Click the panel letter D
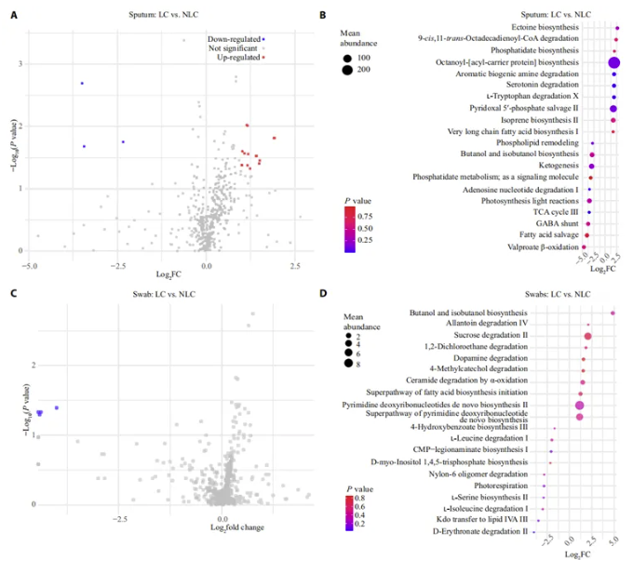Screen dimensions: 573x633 324,295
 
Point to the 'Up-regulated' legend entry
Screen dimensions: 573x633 236,58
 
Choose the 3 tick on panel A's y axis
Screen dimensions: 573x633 19,64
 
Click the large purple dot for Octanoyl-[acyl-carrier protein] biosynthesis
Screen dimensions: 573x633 614,62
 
